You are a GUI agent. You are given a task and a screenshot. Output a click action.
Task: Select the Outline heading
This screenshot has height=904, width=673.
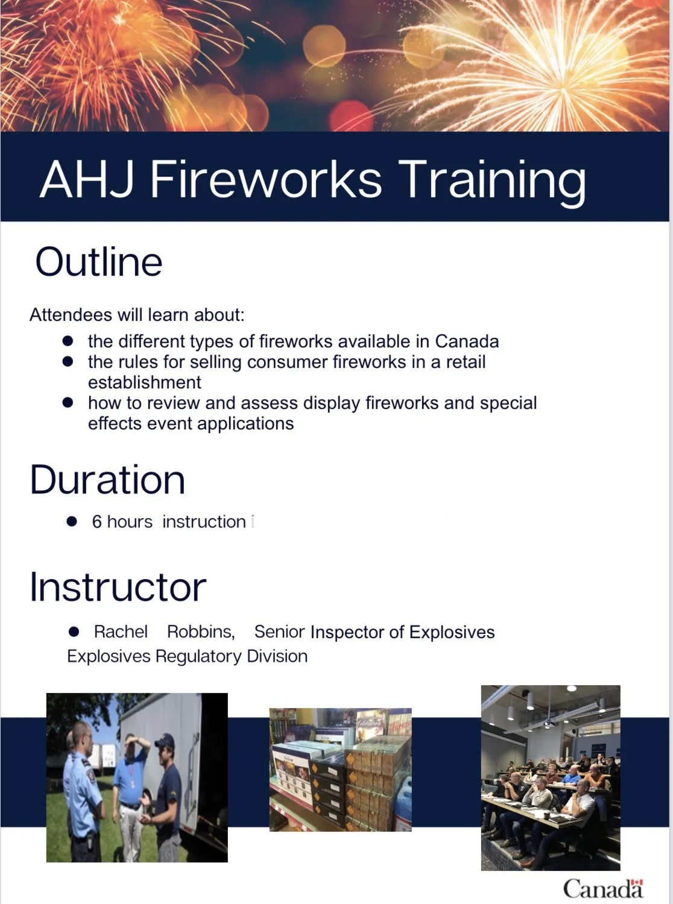coord(99,262)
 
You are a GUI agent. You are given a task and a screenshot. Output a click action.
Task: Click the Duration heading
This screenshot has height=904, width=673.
coord(107,480)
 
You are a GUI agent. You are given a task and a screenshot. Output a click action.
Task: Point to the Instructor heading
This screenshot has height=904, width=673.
coord(118,587)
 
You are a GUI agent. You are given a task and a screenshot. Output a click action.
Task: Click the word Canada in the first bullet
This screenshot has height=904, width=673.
coord(467,341)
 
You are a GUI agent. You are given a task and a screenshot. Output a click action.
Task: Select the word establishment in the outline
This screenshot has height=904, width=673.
coord(144,382)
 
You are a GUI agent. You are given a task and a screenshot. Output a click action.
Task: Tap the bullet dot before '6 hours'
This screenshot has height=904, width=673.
coord(72,522)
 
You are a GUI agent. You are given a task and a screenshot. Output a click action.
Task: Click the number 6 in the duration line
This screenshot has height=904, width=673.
coord(96,522)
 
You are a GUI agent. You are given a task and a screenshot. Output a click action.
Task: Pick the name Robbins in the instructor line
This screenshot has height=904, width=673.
coord(200,631)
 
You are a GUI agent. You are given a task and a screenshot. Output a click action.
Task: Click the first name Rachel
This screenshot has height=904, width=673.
coord(121,631)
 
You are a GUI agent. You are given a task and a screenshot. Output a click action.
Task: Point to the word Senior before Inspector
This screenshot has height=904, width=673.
coord(279,631)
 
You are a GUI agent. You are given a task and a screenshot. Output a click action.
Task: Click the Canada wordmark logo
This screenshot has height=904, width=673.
coord(602,888)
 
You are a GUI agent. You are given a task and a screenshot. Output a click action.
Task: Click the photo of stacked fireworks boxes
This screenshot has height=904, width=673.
coord(340,770)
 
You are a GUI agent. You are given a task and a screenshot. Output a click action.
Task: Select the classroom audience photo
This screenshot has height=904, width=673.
coord(550,777)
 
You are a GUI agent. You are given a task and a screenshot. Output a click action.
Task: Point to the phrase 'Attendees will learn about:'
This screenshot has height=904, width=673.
coord(137,315)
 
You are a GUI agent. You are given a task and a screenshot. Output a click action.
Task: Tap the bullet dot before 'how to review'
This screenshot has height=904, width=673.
coord(68,402)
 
